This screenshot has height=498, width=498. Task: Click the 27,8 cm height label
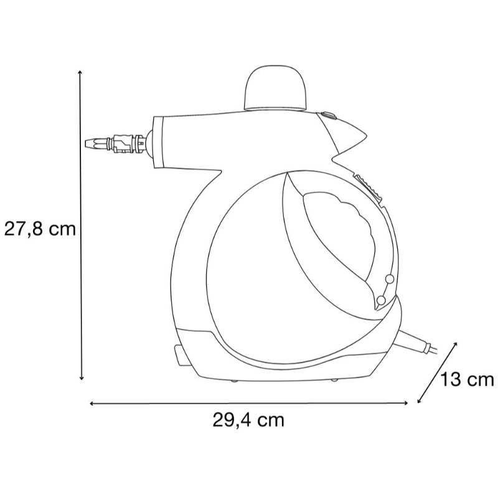pyautogui.click(x=40, y=229)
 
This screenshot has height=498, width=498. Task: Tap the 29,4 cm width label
pyautogui.click(x=248, y=421)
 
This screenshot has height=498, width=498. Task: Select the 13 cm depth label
pyautogui.click(x=466, y=380)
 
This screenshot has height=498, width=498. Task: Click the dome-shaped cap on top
pyautogui.click(x=276, y=88)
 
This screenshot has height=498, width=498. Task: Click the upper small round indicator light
pyautogui.click(x=390, y=279)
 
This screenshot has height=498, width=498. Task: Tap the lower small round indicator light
pyautogui.click(x=381, y=300)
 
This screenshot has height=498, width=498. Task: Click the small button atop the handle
pyautogui.click(x=329, y=115)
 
